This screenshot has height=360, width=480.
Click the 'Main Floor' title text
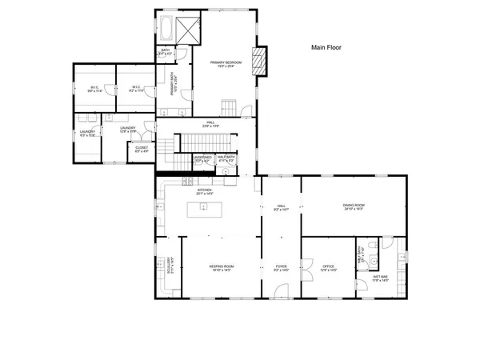click(326, 48)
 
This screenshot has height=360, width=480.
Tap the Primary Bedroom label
click(226, 62)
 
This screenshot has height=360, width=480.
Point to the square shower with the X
click(190, 31)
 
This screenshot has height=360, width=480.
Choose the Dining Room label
click(354, 206)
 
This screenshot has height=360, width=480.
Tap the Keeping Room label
click(221, 266)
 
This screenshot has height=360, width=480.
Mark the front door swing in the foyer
click(280, 290)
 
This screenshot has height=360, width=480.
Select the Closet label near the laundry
click(142, 148)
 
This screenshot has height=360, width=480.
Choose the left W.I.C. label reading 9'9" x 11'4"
click(94, 89)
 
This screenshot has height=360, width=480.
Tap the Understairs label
click(202, 159)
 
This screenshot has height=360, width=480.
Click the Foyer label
click(281, 266)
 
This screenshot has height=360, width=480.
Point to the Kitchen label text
click(204, 191)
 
